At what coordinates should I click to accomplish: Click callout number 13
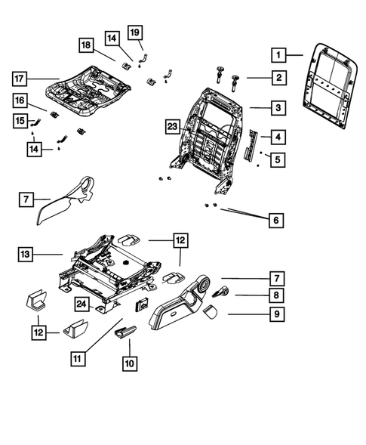tap(26, 255)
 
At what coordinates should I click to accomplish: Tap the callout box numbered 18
tap(88, 47)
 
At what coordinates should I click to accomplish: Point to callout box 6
tap(278, 220)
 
